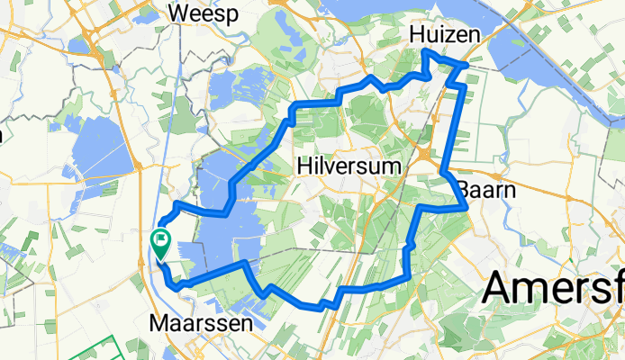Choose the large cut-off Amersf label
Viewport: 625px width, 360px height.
click(554, 290)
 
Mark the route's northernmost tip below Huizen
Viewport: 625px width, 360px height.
click(425, 54)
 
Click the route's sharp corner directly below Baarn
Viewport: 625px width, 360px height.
click(465, 207)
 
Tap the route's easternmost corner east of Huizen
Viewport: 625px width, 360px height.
click(466, 65)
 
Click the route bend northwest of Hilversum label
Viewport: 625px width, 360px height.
click(292, 111)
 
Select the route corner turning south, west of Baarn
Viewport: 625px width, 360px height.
click(421, 208)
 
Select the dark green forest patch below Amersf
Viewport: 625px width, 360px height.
click(576, 342)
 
